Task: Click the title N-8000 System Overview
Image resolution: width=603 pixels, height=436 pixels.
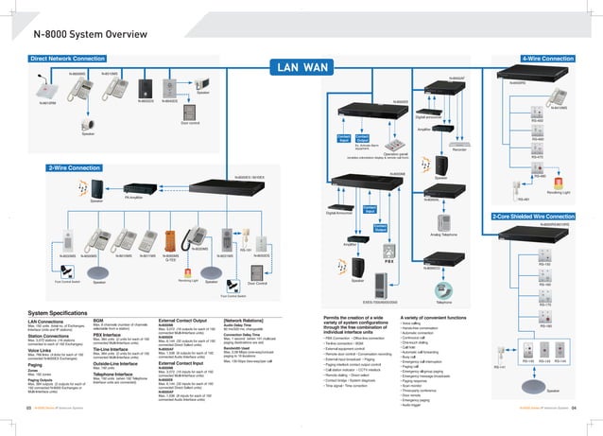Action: click(85, 35)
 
